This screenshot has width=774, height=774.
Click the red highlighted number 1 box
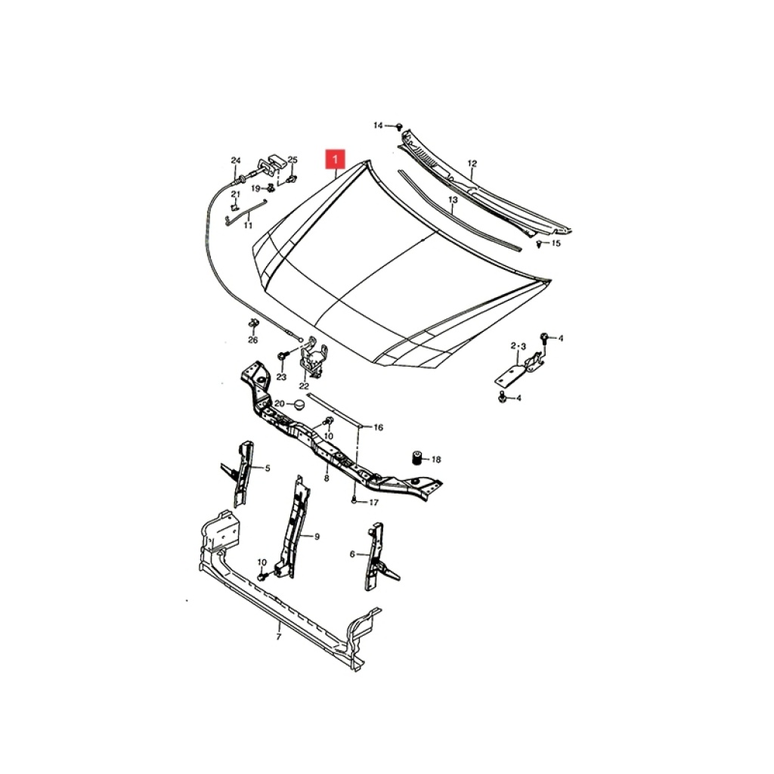coord(335,159)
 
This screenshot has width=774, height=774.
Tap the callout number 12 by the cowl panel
coord(472,163)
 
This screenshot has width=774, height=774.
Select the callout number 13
coord(454,200)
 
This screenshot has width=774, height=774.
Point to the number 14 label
coord(378,125)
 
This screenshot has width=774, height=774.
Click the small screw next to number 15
coord(539,243)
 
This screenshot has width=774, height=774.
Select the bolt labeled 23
coord(283,355)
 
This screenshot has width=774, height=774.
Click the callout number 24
coord(236,160)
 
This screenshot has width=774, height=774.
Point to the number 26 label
coord(252,340)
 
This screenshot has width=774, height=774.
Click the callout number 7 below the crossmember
coord(278,637)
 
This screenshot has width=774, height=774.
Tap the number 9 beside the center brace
coord(317,537)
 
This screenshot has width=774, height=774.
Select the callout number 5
coord(268,468)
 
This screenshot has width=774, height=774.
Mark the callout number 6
coord(352,554)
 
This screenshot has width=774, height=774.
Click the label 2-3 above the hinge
coord(519,346)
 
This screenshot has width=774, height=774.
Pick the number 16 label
coord(378,428)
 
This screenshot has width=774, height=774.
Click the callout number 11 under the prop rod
coord(248,225)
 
